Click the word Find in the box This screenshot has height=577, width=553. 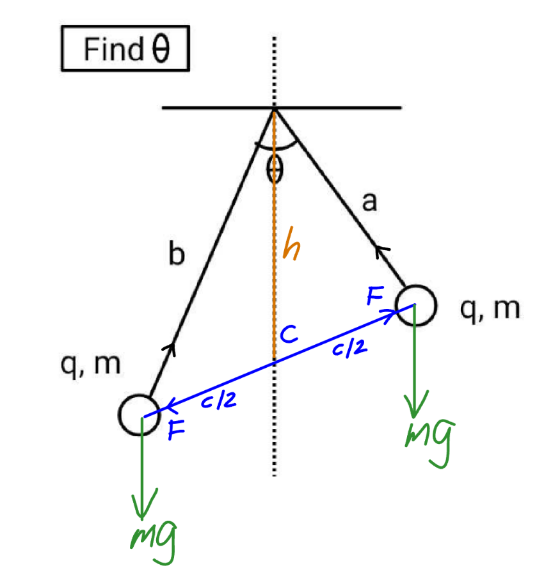tap(113, 49)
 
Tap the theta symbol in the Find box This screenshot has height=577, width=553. tap(161, 49)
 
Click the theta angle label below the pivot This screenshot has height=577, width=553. tap(275, 169)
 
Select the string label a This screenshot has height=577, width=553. tap(370, 202)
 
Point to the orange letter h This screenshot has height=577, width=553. tap(292, 243)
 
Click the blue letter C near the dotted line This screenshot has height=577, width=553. tap(289, 334)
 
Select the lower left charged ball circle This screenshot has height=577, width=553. tap(139, 395)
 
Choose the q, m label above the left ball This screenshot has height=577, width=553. tap(91, 366)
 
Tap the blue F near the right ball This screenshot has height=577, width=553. tap(376, 296)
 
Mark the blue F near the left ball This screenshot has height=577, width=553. tap(176, 430)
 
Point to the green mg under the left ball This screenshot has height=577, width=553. tap(154, 542)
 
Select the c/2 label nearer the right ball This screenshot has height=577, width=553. tap(349, 348)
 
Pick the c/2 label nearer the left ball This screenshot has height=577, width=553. tap(219, 400)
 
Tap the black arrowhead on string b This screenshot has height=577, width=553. tap(170, 349)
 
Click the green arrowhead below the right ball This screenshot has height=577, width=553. tap(415, 405)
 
